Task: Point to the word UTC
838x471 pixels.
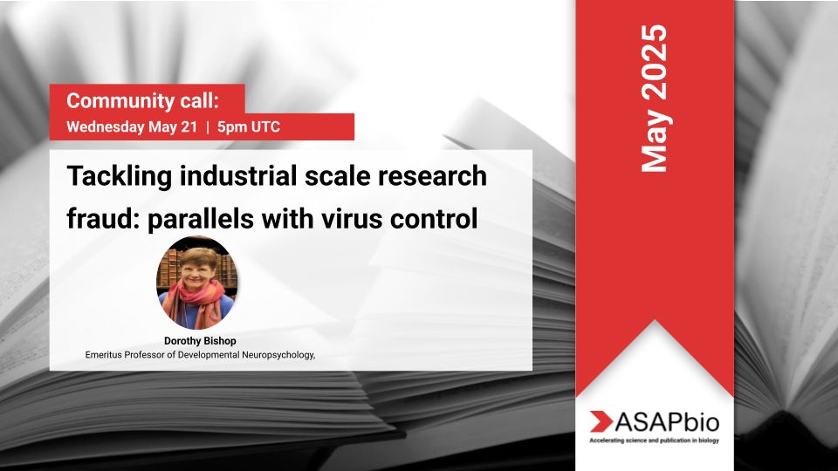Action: (x=265, y=127)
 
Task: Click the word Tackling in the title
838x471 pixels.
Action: (x=120, y=177)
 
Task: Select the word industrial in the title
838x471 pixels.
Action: (x=237, y=175)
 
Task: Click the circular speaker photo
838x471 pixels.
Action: (x=197, y=282)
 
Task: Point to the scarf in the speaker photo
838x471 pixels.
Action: (x=195, y=303)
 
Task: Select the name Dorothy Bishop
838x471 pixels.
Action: (x=200, y=341)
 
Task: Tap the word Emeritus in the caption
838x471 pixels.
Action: (x=104, y=355)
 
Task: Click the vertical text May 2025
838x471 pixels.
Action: (x=654, y=99)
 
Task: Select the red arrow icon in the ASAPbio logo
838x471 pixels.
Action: (x=601, y=421)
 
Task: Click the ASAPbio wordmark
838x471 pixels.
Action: (x=667, y=422)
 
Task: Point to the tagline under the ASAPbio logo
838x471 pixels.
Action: (x=654, y=440)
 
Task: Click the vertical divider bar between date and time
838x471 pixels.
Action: (x=208, y=127)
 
